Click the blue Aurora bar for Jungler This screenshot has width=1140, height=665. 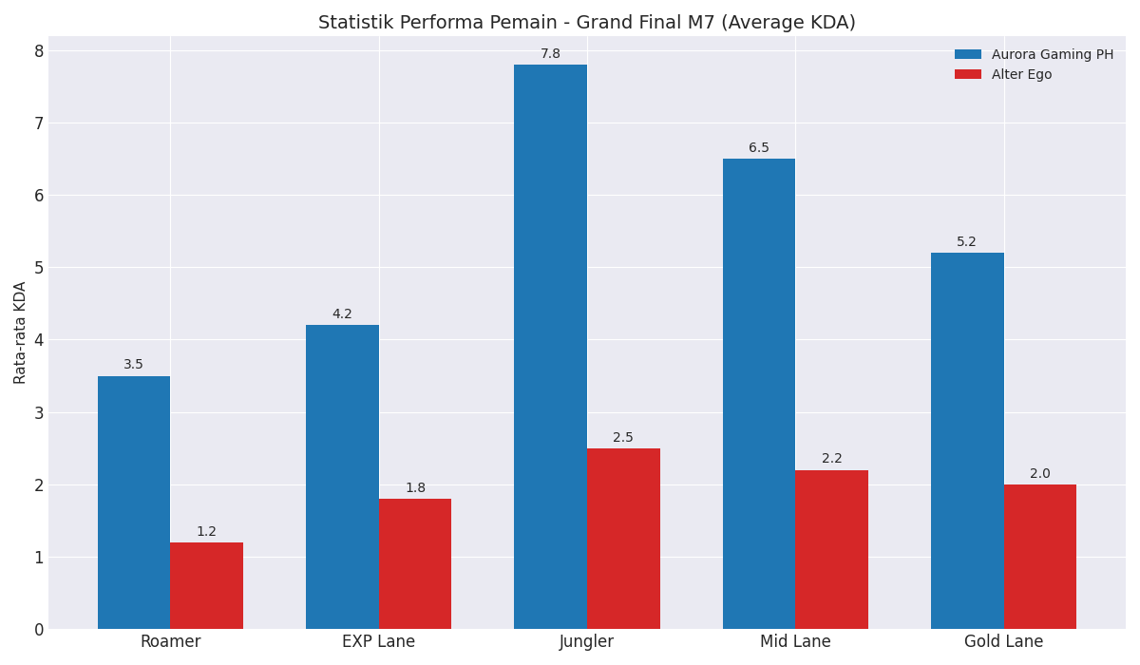click(x=550, y=347)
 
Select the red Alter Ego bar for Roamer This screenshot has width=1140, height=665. click(x=206, y=585)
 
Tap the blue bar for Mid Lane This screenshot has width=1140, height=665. click(x=758, y=393)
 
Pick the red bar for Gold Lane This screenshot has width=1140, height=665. click(x=1039, y=557)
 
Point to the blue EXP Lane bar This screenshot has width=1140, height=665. click(x=342, y=477)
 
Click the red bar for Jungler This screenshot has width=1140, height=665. click(x=623, y=539)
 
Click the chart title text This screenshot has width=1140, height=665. click(x=586, y=23)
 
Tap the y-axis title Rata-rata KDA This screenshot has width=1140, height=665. click(x=21, y=332)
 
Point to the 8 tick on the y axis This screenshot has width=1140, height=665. click(x=39, y=51)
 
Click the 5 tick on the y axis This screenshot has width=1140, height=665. click(x=39, y=268)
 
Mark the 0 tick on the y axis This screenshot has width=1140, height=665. click(x=39, y=629)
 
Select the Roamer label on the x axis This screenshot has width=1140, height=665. click(x=170, y=642)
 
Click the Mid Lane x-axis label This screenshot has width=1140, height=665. click(x=795, y=642)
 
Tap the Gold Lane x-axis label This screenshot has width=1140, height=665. click(x=1003, y=642)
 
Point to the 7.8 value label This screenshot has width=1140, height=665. click(x=550, y=54)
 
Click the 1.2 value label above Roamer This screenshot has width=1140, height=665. click(x=206, y=532)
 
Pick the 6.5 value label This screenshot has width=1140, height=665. click(x=758, y=148)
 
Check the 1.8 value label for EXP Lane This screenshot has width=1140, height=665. click(x=415, y=488)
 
